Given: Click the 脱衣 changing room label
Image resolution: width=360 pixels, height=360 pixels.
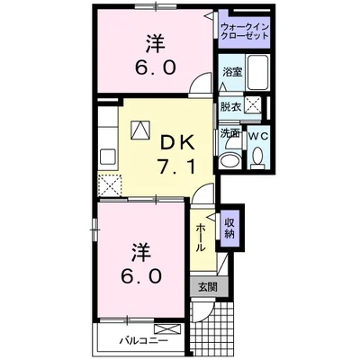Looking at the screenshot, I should (231, 106).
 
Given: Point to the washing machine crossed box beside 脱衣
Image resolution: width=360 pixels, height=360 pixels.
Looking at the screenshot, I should (256, 105).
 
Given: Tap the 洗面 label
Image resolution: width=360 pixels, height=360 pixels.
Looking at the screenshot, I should (230, 133).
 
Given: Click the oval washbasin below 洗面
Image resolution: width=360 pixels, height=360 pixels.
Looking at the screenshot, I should (230, 158).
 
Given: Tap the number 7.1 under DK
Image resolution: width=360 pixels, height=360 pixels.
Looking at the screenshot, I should (178, 168).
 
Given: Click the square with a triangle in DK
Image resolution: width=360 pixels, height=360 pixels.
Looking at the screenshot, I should (141, 130).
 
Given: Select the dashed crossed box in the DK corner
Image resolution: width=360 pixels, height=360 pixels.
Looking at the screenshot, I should (112, 185).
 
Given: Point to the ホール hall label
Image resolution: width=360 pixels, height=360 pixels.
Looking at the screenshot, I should (201, 236).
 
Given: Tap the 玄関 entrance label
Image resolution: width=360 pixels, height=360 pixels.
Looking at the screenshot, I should (206, 289).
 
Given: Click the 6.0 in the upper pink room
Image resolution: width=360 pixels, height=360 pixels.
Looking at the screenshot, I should (151, 67).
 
